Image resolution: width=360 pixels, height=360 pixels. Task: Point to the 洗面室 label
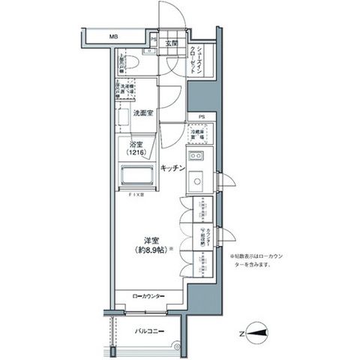click(144, 112)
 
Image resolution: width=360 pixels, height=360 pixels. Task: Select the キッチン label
click(172, 170)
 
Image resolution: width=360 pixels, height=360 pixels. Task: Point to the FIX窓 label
click(136, 194)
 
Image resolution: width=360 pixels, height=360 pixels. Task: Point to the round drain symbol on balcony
click(178, 346)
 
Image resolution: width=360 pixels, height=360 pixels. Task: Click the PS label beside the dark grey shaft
click(201, 117)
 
